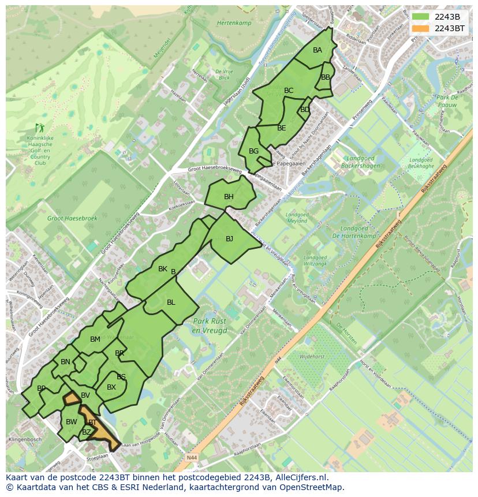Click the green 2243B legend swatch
click(421, 16)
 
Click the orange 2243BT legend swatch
click(421, 28)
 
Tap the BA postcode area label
click(318, 50)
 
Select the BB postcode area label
click(326, 77)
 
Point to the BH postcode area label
click(229, 197)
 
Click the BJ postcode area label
click(229, 239)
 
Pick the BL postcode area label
click(171, 302)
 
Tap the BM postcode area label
click(95, 339)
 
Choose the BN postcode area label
click(65, 362)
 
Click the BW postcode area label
click(71, 422)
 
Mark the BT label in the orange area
click(92, 423)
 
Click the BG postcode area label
click(253, 151)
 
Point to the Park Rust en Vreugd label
click(210, 326)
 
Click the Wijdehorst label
click(312, 357)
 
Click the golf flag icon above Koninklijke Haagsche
click(39, 127)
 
